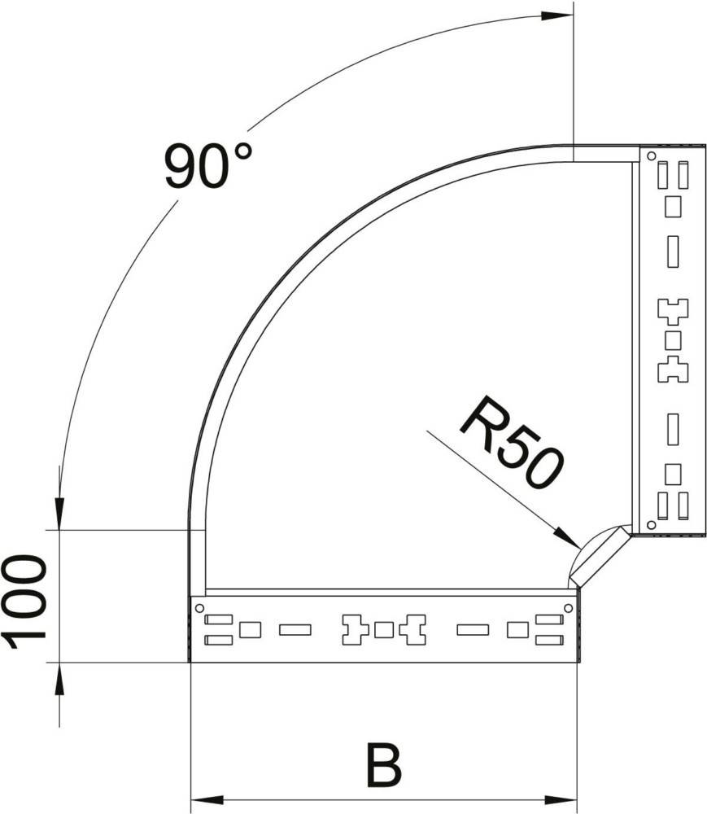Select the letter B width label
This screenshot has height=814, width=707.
tap(384, 765)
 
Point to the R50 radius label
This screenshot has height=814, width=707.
tap(510, 442)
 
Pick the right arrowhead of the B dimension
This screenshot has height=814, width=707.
tap(561, 799)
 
